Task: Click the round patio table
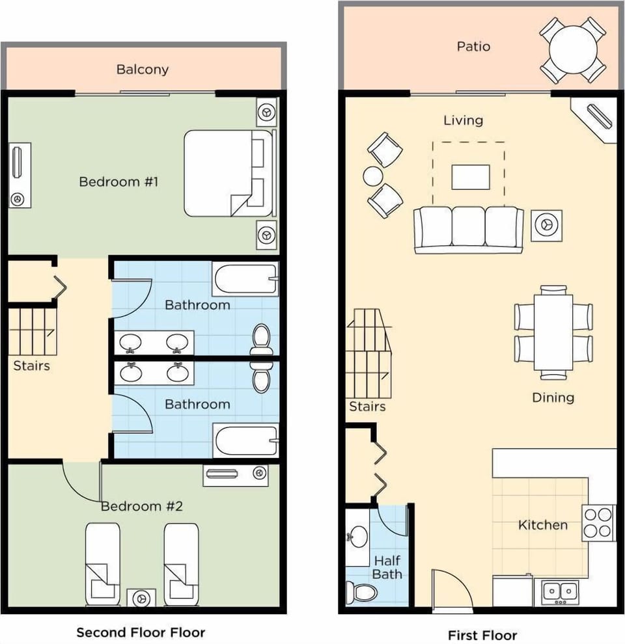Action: coord(573,49)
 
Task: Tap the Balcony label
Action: coord(142,69)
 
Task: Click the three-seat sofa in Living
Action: coord(469,230)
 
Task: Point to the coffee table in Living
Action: coord(470,177)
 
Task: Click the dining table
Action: coord(553,332)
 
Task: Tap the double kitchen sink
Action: coord(560,592)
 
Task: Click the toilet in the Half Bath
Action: coord(361,592)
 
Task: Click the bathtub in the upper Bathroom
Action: coord(245,279)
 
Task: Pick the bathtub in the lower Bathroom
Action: coord(245,440)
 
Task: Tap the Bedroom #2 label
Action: coord(141,506)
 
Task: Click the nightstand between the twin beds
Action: coord(141,597)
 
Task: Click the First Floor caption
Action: coord(482,635)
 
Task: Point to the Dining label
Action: coord(553,397)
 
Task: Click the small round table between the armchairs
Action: coord(374,176)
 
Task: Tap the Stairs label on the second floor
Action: coord(31,366)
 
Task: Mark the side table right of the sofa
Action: coord(546,225)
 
